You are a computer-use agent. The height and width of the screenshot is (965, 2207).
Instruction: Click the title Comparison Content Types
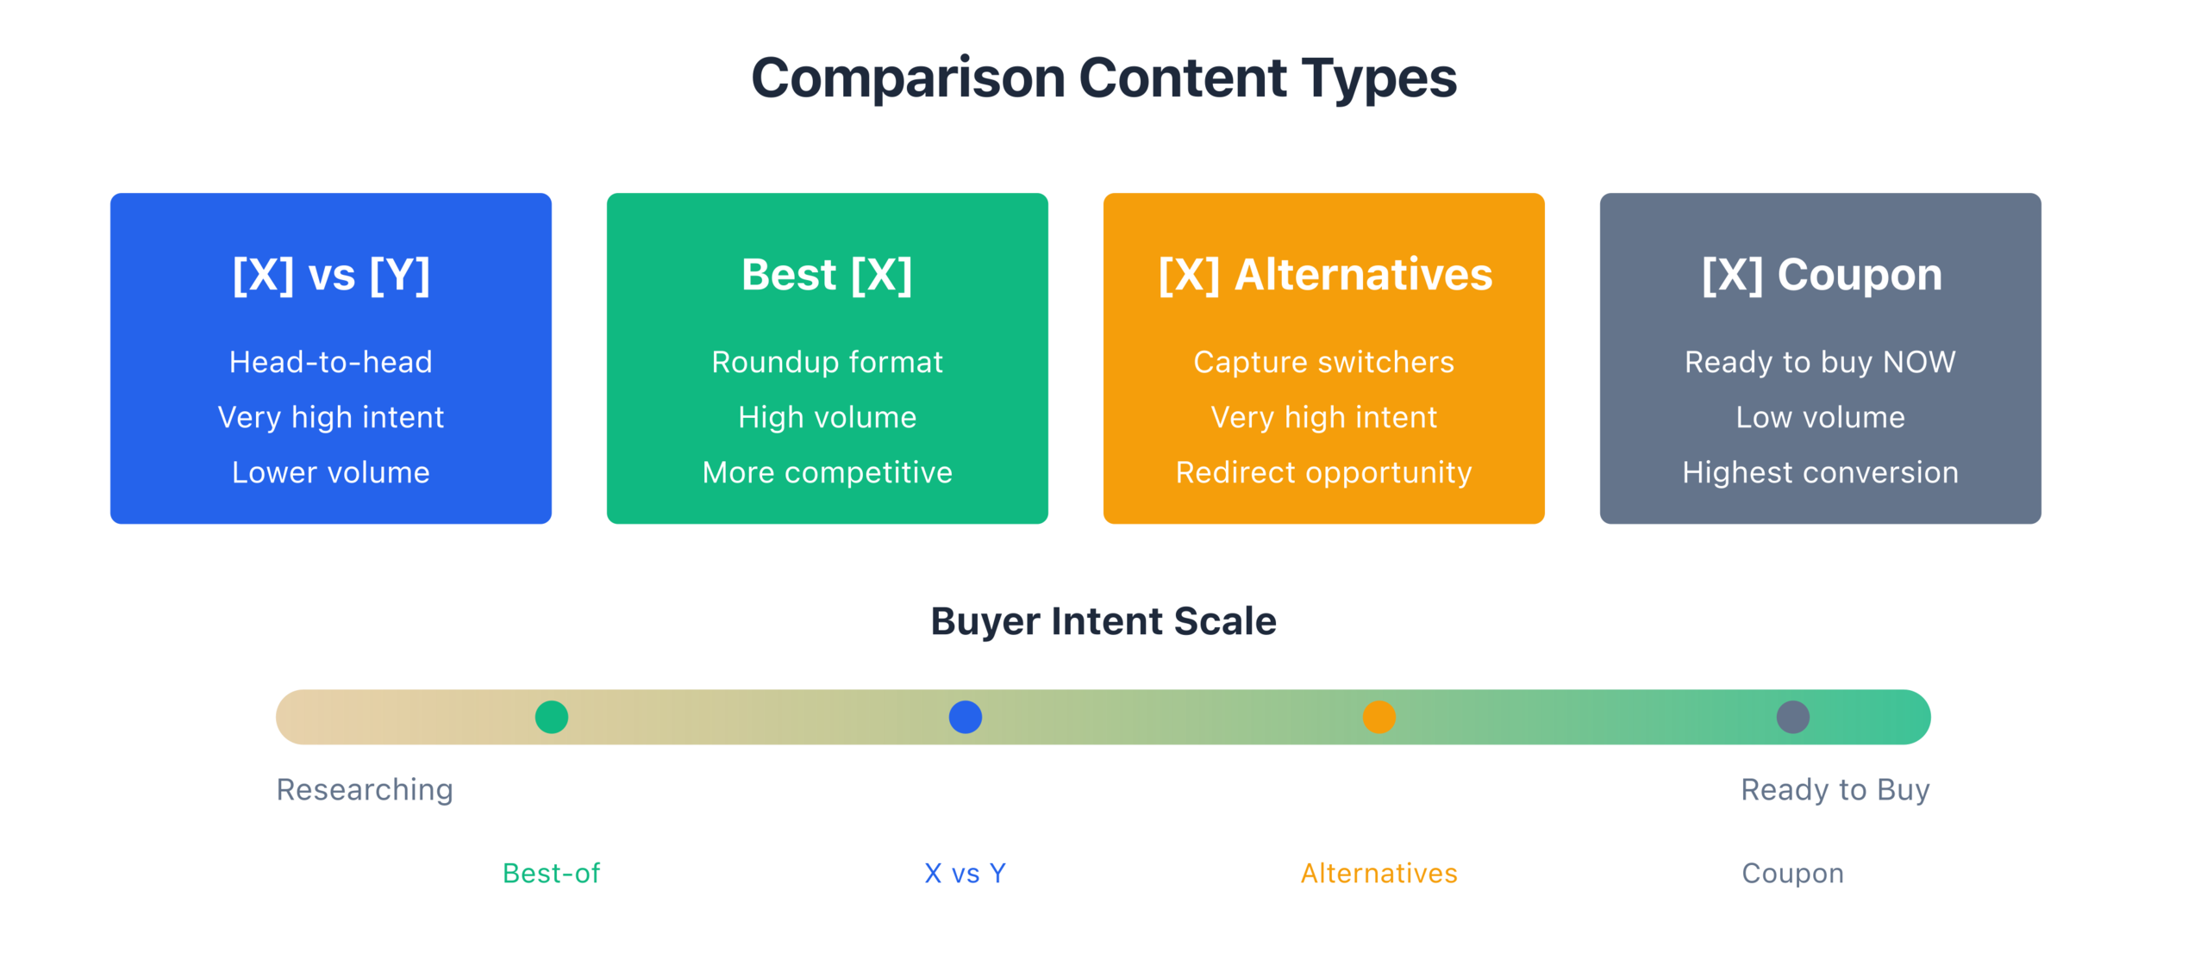(1103, 78)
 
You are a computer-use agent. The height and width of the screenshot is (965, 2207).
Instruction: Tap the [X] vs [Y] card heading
(331, 275)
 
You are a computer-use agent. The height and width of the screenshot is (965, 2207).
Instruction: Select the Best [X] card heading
(827, 275)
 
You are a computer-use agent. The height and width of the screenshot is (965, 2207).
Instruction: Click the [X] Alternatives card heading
(1325, 275)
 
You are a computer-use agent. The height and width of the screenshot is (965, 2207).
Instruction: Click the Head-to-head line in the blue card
(331, 362)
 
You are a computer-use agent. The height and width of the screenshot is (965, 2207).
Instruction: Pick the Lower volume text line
(331, 472)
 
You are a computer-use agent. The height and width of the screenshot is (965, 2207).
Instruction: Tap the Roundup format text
(828, 363)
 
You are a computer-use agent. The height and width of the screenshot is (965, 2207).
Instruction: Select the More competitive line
(828, 473)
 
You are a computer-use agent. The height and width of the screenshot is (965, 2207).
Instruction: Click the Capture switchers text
(1324, 363)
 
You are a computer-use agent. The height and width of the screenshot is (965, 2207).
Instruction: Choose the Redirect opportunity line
(1324, 473)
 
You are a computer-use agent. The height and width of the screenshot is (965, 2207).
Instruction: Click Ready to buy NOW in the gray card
(1821, 363)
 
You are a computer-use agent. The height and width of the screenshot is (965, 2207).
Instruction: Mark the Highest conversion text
(1821, 473)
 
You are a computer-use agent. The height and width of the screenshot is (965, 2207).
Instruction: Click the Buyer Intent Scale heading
(1103, 621)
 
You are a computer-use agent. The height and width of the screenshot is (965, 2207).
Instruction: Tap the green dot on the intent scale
(552, 717)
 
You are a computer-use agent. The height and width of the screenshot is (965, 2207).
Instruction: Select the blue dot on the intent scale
(966, 717)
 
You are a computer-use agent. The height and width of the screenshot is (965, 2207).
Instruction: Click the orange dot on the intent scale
(1379, 717)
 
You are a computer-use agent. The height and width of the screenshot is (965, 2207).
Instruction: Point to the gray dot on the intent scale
(1793, 717)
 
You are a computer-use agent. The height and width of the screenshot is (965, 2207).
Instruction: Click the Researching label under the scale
(365, 790)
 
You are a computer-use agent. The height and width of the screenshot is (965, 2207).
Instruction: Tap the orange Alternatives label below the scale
(1379, 874)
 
